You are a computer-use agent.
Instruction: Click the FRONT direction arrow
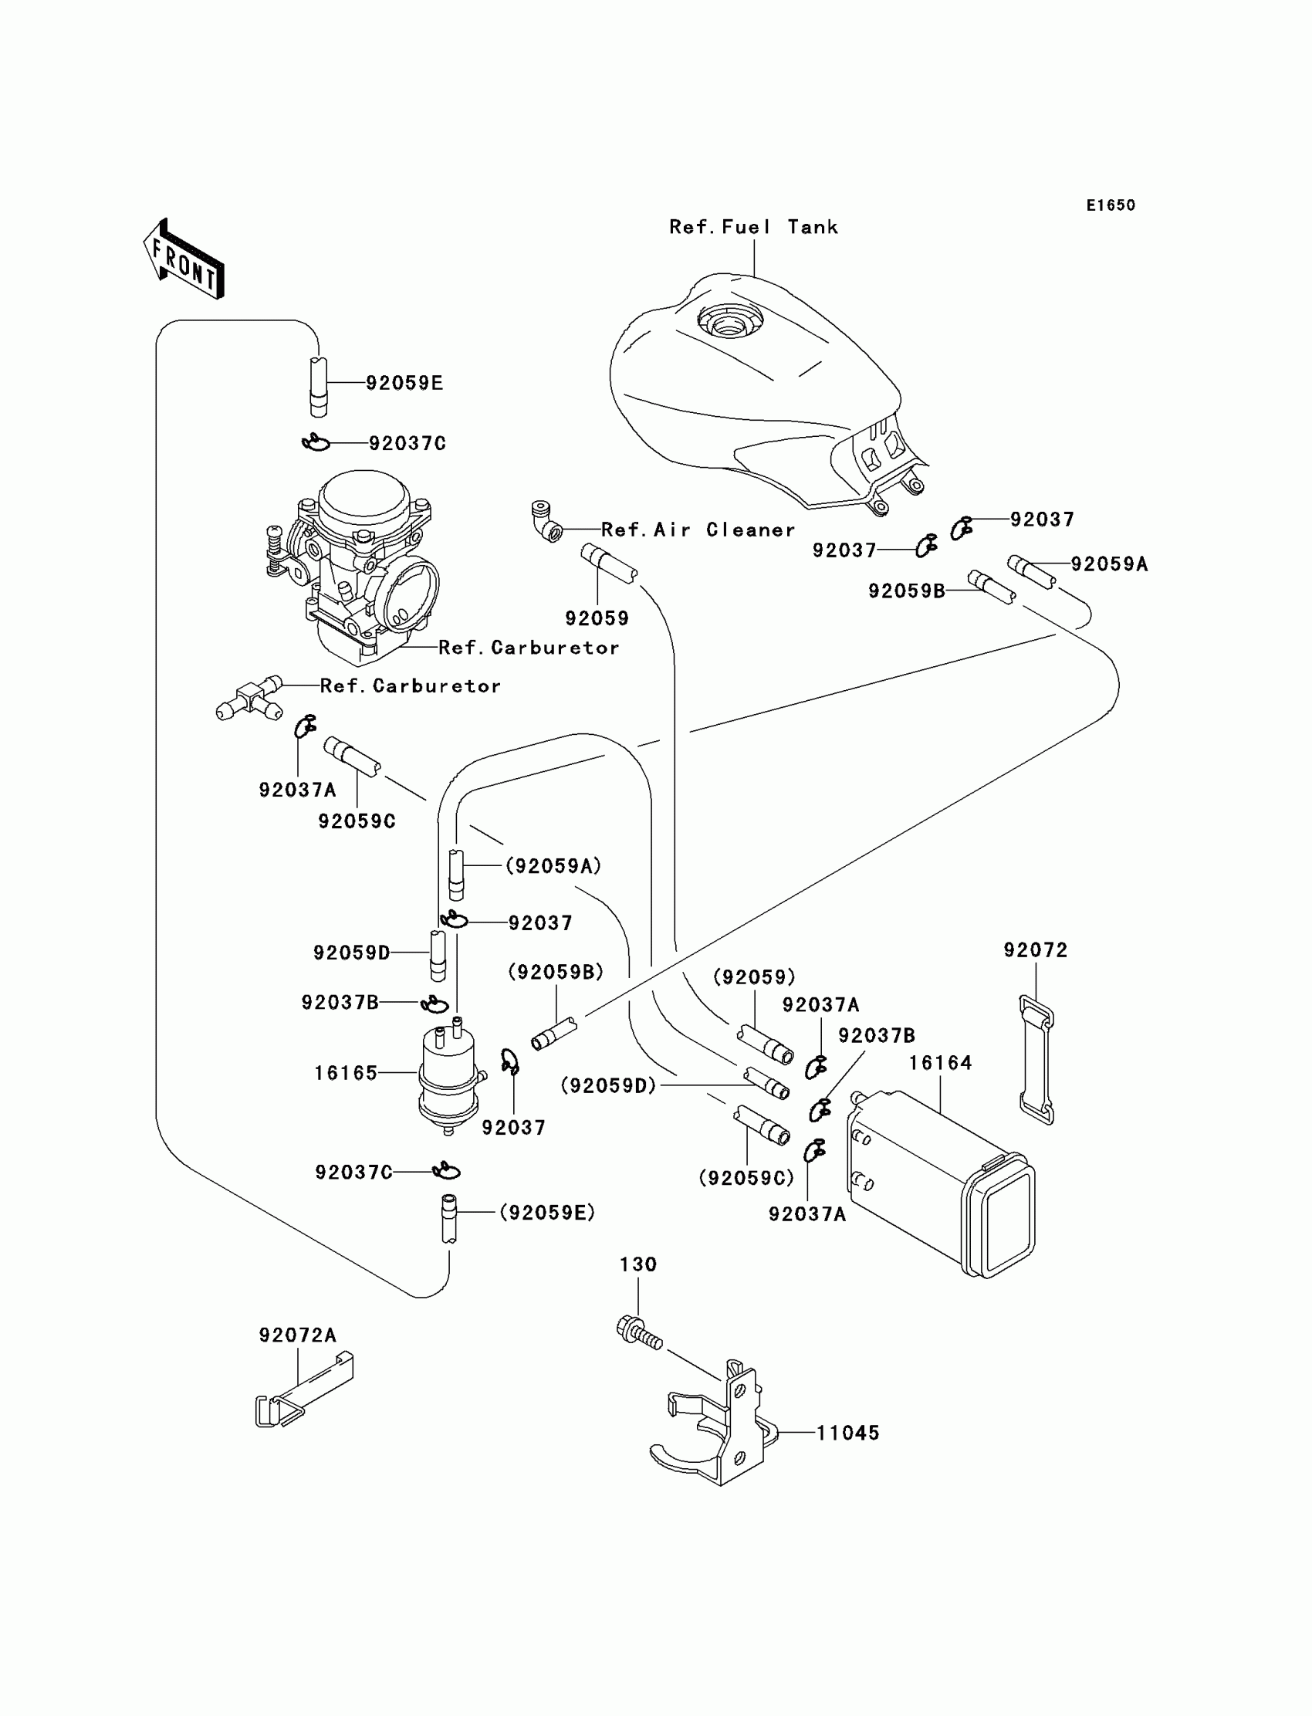pos(184,260)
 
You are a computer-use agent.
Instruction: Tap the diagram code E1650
pos(1111,205)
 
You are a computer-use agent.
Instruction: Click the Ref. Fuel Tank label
pos(753,227)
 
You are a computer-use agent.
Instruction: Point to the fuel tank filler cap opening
pos(729,320)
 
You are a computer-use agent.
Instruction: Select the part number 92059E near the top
pos(404,383)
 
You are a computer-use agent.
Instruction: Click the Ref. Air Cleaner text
pos(698,530)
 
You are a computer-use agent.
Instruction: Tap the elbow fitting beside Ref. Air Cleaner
pos(546,522)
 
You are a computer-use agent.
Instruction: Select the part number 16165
pos(346,1073)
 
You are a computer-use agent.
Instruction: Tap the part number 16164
pos(940,1063)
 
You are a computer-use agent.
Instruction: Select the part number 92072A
pos(298,1335)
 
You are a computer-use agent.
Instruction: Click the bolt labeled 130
pos(639,1332)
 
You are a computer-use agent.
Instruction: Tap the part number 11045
pos(848,1433)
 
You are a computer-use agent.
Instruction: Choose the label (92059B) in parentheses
pos(555,972)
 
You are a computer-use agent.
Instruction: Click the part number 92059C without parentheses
pos(357,821)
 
